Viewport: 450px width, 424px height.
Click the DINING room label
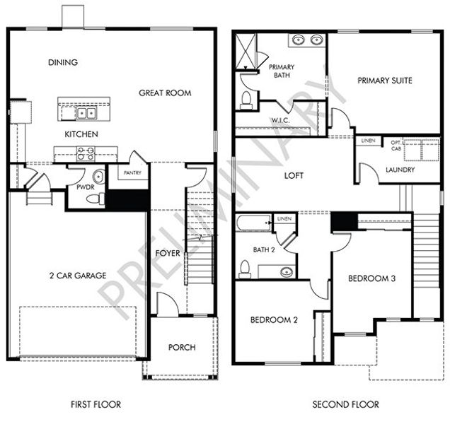63,62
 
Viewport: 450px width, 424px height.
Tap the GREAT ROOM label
165,93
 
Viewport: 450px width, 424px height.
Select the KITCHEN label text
81,134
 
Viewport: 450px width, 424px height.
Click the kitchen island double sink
88,112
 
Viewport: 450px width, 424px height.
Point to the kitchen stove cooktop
86,153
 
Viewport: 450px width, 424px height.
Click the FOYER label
168,253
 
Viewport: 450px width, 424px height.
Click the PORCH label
182,347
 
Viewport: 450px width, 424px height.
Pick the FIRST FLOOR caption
96,405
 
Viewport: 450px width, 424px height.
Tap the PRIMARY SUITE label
384,81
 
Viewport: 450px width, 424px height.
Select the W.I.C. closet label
280,121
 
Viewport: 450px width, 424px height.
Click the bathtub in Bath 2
253,224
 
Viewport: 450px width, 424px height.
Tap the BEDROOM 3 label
371,278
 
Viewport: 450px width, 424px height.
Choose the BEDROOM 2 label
274,320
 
